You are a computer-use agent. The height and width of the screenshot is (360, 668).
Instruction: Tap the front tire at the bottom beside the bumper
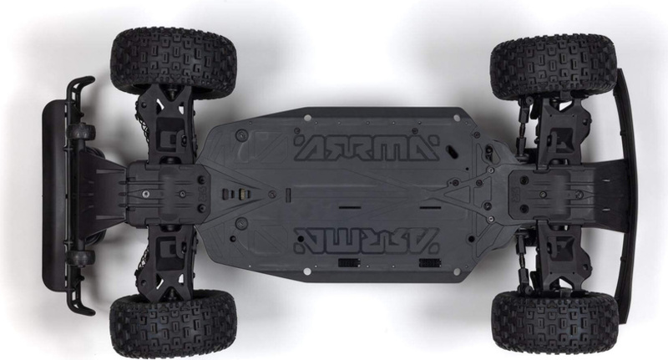[173, 324]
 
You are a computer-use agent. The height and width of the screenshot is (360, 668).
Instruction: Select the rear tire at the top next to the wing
[554, 65]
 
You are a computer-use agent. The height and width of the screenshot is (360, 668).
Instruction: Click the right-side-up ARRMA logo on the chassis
[367, 147]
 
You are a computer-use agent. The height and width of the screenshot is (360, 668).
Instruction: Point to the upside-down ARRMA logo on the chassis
[367, 240]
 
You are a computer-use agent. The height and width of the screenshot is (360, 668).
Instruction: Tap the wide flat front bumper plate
[54, 195]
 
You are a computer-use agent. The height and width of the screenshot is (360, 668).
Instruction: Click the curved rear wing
[626, 195]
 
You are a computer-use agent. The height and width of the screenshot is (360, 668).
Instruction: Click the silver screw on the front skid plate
[146, 194]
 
